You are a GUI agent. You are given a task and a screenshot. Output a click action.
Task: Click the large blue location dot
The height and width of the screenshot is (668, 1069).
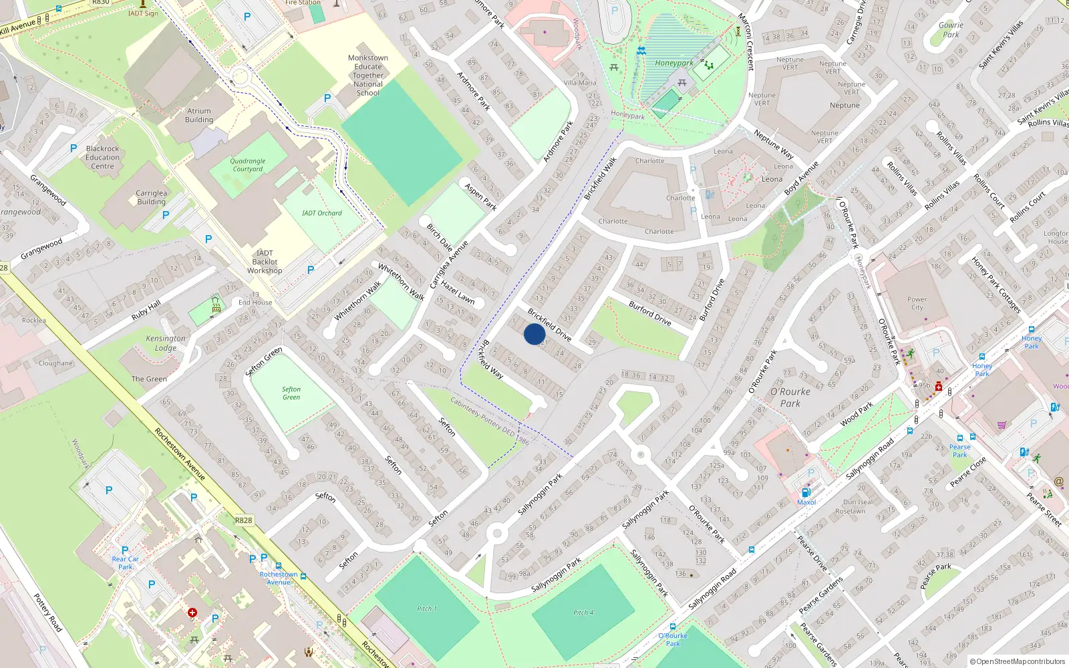click(534, 334)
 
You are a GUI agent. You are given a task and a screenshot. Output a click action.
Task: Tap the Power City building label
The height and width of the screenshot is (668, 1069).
click(917, 303)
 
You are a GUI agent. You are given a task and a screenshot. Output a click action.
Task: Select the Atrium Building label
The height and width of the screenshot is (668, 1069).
click(199, 116)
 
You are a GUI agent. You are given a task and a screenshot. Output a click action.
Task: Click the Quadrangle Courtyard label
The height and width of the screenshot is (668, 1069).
click(248, 165)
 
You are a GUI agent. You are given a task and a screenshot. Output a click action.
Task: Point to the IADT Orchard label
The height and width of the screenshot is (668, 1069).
click(321, 213)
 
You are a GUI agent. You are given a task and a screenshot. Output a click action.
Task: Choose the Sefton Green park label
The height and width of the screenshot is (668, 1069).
click(291, 393)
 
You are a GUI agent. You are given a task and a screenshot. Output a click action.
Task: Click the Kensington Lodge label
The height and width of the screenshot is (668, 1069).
click(166, 343)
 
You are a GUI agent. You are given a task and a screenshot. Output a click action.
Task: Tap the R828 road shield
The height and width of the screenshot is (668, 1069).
click(243, 520)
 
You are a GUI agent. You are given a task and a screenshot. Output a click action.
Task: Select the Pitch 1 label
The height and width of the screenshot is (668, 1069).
click(427, 609)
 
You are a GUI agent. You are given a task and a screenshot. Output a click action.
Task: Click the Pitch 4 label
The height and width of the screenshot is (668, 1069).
click(583, 613)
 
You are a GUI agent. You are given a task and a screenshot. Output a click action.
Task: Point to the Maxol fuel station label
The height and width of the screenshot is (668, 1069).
click(806, 502)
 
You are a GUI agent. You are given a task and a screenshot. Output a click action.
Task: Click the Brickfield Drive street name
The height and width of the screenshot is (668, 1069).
click(549, 325)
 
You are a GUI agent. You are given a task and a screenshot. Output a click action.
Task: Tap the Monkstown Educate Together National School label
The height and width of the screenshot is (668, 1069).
click(368, 75)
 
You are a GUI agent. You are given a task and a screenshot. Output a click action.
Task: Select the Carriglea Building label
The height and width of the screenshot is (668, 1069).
click(152, 197)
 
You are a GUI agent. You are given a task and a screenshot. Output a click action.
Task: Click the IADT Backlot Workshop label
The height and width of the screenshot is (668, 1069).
click(265, 262)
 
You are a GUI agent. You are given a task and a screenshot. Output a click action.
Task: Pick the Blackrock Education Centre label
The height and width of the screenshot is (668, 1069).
click(102, 158)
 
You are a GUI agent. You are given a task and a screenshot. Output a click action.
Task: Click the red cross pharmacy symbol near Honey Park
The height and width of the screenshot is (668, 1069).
click(939, 387)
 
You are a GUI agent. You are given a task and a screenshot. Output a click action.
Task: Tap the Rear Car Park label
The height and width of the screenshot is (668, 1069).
click(125, 562)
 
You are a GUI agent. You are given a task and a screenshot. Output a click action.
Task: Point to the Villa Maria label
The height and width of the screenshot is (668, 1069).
click(580, 83)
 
